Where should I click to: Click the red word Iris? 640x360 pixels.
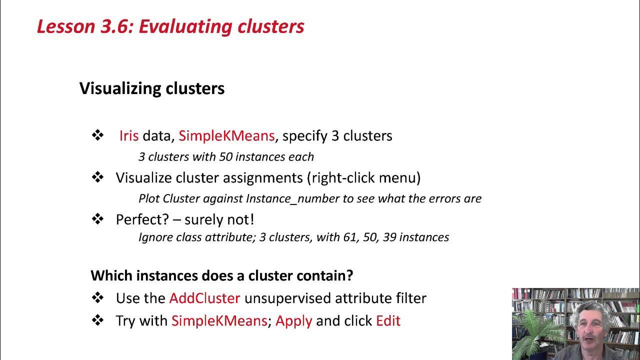click(128, 135)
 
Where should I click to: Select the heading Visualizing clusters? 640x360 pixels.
click(152, 88)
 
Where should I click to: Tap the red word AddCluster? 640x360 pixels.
click(204, 298)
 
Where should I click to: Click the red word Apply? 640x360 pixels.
click(293, 320)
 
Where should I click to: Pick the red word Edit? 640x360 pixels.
click(388, 320)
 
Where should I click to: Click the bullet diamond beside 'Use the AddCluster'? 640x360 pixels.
click(97, 298)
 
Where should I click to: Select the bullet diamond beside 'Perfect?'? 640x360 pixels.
click(97, 219)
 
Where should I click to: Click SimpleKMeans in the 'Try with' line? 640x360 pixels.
click(219, 320)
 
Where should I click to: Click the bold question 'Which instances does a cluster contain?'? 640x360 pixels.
click(221, 275)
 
